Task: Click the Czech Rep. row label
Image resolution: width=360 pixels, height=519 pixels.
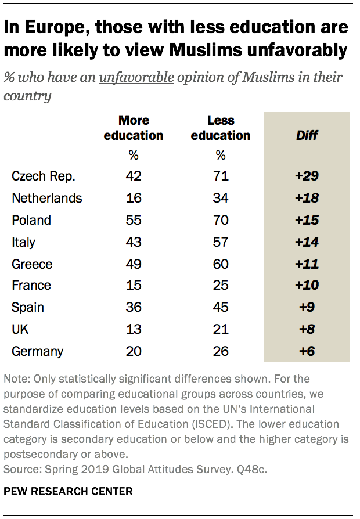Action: pyautogui.click(x=44, y=176)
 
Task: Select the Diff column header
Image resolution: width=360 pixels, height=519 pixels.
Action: pyautogui.click(x=307, y=135)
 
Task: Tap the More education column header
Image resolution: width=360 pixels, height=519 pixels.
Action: pyautogui.click(x=134, y=128)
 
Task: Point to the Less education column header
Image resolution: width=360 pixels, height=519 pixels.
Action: pyautogui.click(x=220, y=128)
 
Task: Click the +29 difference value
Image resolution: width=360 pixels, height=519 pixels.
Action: pyautogui.click(x=307, y=176)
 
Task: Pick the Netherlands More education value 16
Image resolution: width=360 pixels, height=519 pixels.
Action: pyautogui.click(x=134, y=198)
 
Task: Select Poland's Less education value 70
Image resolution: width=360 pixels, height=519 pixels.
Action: pyautogui.click(x=220, y=220)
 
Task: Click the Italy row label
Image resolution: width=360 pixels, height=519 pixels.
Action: pyautogui.click(x=23, y=242)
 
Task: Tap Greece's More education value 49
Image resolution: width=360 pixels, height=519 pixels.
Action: pyautogui.click(x=134, y=264)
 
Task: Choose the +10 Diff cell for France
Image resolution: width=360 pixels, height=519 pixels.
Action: pyautogui.click(x=307, y=286)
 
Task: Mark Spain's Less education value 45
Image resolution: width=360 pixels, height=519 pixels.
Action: pyautogui.click(x=220, y=308)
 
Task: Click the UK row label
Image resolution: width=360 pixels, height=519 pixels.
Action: pyautogui.click(x=20, y=330)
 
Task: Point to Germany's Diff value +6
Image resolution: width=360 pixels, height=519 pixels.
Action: pyautogui.click(x=307, y=352)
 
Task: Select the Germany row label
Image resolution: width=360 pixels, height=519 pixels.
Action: pyautogui.click(x=37, y=352)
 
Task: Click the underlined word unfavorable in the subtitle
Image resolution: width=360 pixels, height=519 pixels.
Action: pyautogui.click(x=136, y=78)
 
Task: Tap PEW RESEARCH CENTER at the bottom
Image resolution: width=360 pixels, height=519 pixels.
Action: pyautogui.click(x=68, y=491)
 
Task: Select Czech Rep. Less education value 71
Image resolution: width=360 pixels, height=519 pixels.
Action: pyautogui.click(x=220, y=176)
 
